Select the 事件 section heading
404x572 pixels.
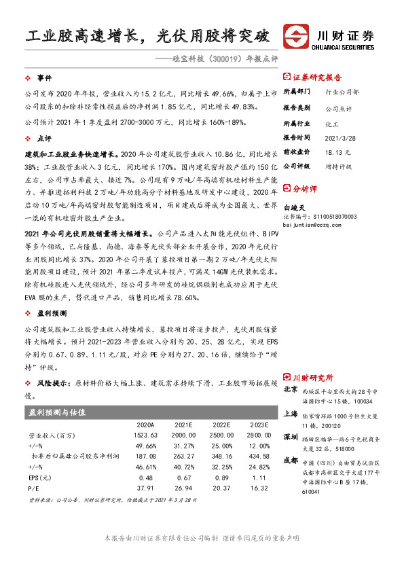click(45, 79)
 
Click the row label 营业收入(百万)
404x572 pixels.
click(52, 435)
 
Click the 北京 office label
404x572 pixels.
click(291, 390)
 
